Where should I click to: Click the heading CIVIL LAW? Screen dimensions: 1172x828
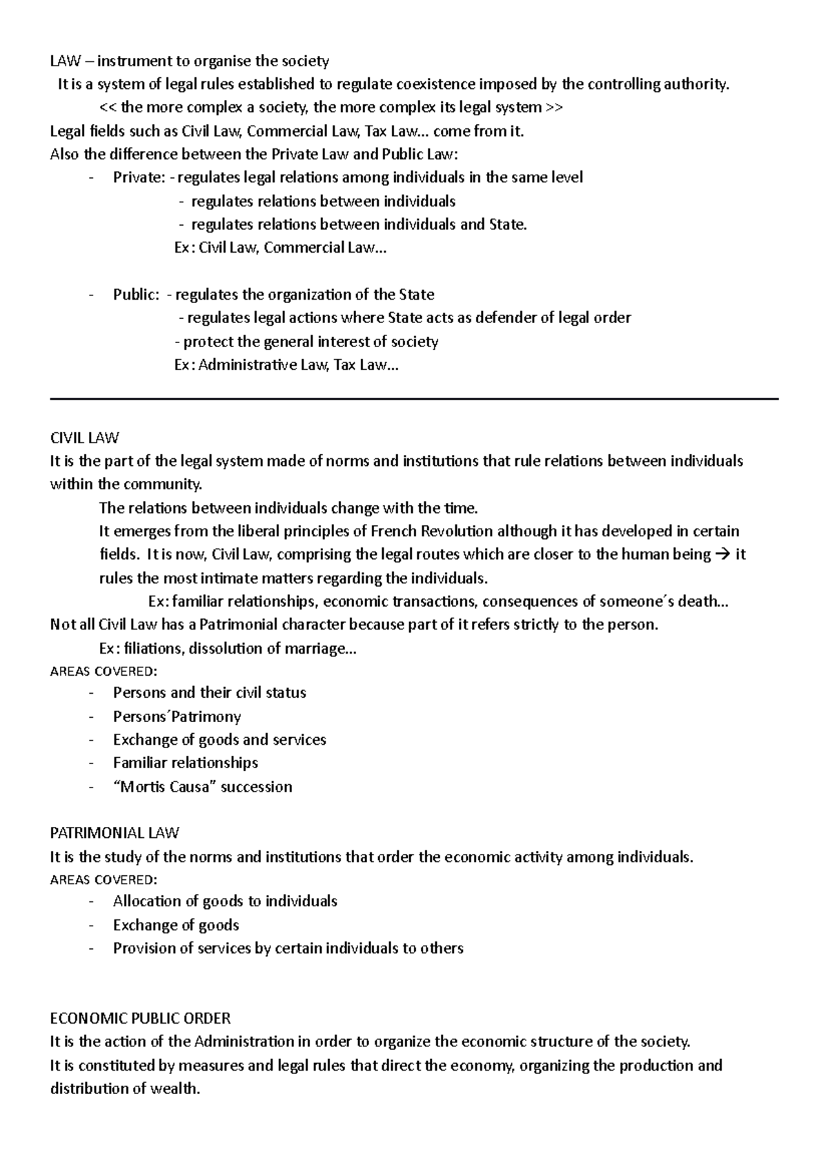[84, 438]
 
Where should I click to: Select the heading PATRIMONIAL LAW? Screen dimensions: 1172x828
[115, 833]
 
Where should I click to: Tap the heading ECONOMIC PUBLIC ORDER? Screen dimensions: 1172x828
[140, 1018]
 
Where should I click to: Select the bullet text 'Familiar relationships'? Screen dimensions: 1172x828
[185, 763]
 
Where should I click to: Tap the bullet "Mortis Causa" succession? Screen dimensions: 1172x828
[202, 787]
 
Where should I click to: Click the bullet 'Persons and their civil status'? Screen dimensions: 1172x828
[209, 692]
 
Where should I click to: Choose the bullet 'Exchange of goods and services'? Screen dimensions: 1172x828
[219, 740]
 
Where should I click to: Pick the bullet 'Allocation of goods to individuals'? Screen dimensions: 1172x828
[225, 901]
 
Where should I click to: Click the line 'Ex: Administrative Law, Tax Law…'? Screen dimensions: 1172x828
[286, 365]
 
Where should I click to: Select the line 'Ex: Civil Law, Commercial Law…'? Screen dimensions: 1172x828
[281, 248]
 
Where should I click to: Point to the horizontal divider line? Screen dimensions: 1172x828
[414, 399]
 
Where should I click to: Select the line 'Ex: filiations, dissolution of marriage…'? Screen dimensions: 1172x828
[228, 649]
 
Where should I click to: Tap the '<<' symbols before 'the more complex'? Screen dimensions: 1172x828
[108, 108]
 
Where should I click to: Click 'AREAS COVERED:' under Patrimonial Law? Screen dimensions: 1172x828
[103, 880]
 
